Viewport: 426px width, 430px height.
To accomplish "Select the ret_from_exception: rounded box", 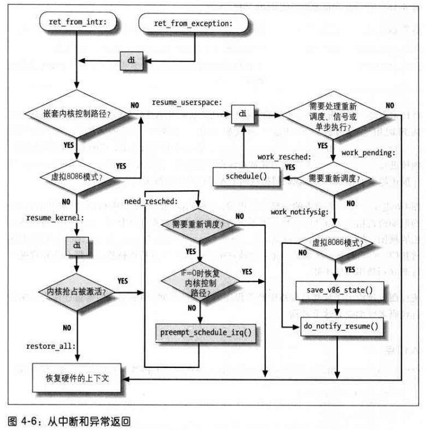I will (193, 23).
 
